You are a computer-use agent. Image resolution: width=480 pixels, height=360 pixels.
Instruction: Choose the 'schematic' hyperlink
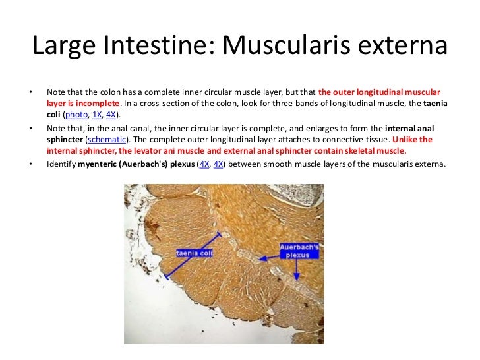point(105,140)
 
